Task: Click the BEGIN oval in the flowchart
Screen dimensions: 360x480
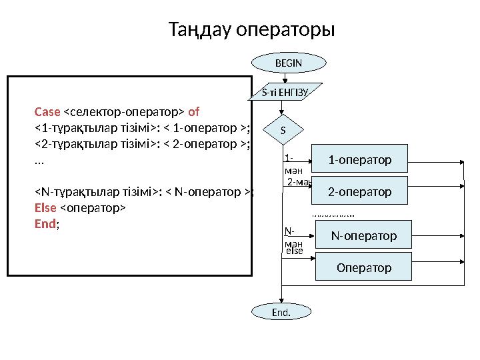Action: pos(289,63)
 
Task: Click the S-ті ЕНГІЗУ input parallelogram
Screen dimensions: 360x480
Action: pos(285,93)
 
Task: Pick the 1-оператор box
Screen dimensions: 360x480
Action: pos(360,160)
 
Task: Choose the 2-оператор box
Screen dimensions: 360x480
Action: pos(360,192)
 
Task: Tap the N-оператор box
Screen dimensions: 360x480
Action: pos(364,236)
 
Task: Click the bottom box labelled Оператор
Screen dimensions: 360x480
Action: pos(364,268)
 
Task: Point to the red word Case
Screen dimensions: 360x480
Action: pos(47,111)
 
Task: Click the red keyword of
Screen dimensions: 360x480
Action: pos(195,111)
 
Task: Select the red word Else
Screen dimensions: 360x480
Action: pos(45,208)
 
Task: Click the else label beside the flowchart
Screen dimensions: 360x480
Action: pos(294,252)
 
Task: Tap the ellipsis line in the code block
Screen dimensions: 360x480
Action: pos(39,161)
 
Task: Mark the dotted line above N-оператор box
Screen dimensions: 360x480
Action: pos(333,216)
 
